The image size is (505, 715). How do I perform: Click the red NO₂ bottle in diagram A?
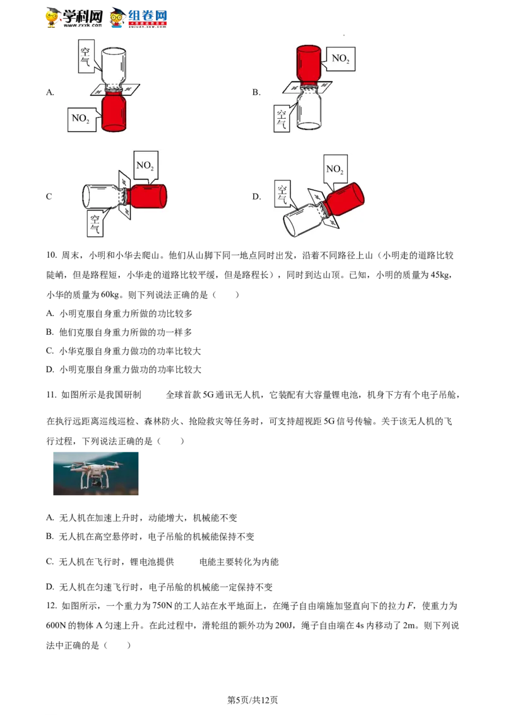pyautogui.click(x=114, y=112)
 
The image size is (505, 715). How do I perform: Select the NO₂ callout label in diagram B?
pyautogui.click(x=340, y=58)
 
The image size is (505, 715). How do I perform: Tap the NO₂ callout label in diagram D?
pyautogui.click(x=335, y=169)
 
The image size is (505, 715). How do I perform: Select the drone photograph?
pyautogui.click(x=96, y=473)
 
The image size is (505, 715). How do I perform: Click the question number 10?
pyautogui.click(x=51, y=255)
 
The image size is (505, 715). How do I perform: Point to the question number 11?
pyautogui.click(x=51, y=395)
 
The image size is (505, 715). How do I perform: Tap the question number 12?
pyautogui.click(x=51, y=606)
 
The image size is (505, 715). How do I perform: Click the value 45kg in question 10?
pyautogui.click(x=440, y=275)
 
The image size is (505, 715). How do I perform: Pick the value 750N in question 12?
pyautogui.click(x=162, y=606)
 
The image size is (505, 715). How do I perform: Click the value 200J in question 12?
pyautogui.click(x=283, y=625)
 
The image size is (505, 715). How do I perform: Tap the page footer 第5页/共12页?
pyautogui.click(x=252, y=700)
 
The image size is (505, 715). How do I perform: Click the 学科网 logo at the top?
pyautogui.click(x=74, y=17)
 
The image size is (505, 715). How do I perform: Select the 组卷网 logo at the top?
pyautogui.click(x=139, y=18)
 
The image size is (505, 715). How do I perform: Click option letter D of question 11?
pyautogui.click(x=50, y=587)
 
